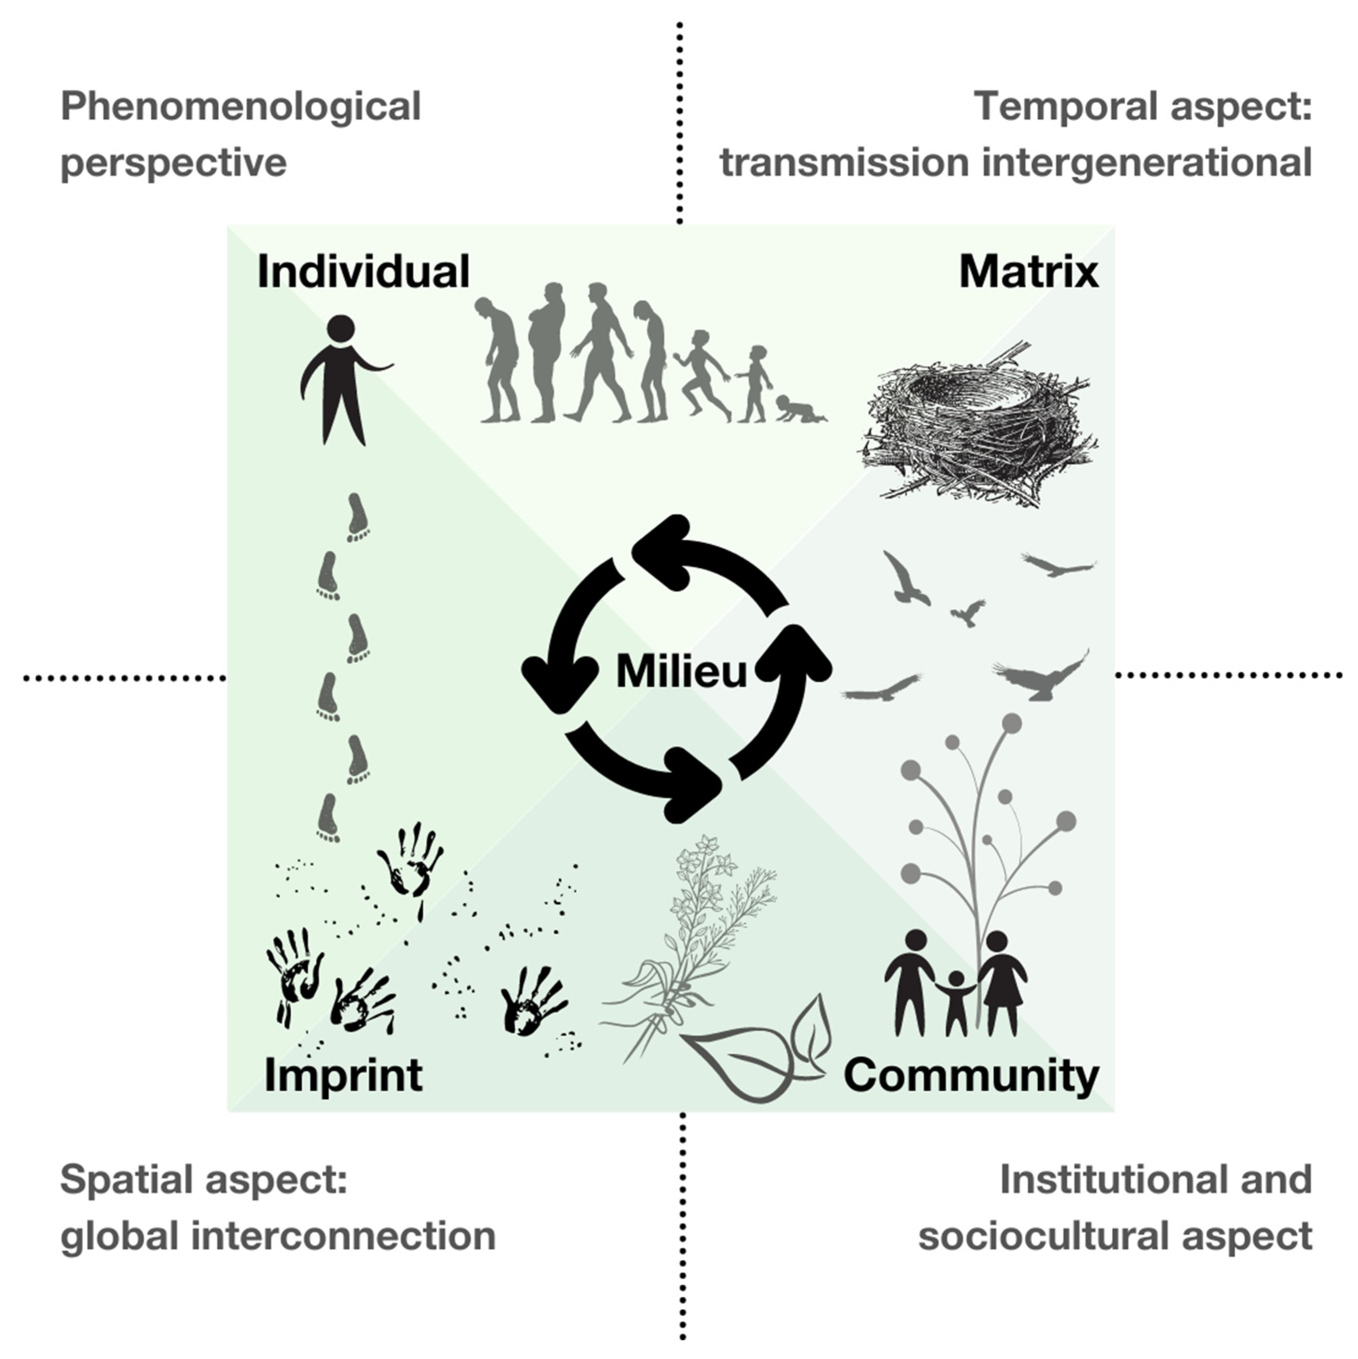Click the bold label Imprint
[x=343, y=1075]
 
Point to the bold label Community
[x=971, y=1075]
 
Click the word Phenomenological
[x=241, y=107]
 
